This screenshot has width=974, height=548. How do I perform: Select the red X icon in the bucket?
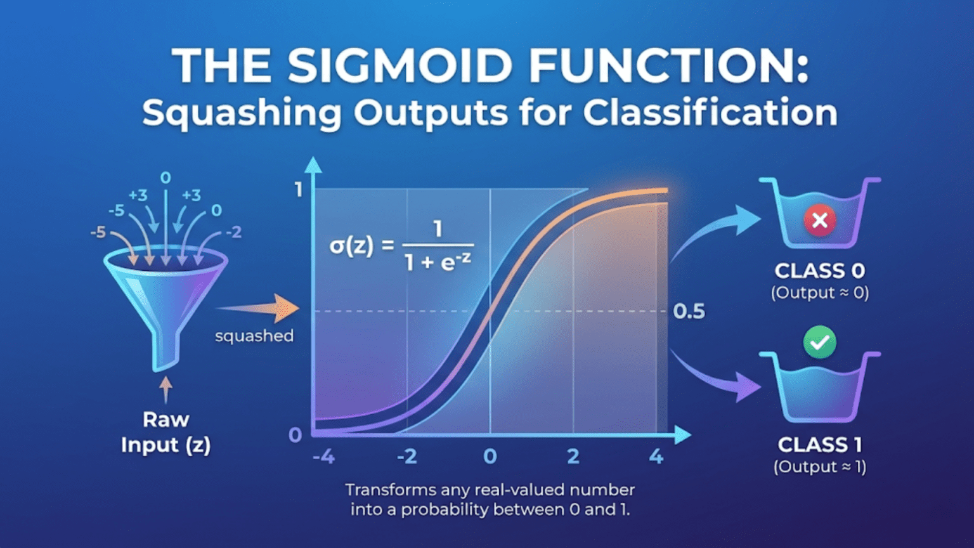pos(819,221)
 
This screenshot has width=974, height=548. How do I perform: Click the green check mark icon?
pos(819,342)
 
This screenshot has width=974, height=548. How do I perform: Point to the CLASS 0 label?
pos(819,271)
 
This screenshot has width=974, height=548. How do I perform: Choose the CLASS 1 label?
pos(819,445)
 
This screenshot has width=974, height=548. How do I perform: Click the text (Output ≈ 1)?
pos(819,467)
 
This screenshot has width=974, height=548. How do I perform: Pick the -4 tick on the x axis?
pos(323,456)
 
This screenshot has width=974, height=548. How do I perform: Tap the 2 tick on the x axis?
pos(573,456)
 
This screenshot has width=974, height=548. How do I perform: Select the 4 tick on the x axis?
pos(656,456)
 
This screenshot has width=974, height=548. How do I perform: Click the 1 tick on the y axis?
pos(299,190)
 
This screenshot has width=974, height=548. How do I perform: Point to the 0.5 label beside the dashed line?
pos(689,311)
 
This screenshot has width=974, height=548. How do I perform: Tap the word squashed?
pos(254,336)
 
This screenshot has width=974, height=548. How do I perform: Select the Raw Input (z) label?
pos(166,432)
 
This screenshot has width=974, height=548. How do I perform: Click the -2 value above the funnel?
pos(233,233)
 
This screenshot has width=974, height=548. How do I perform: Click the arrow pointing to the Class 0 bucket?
pos(717,232)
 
